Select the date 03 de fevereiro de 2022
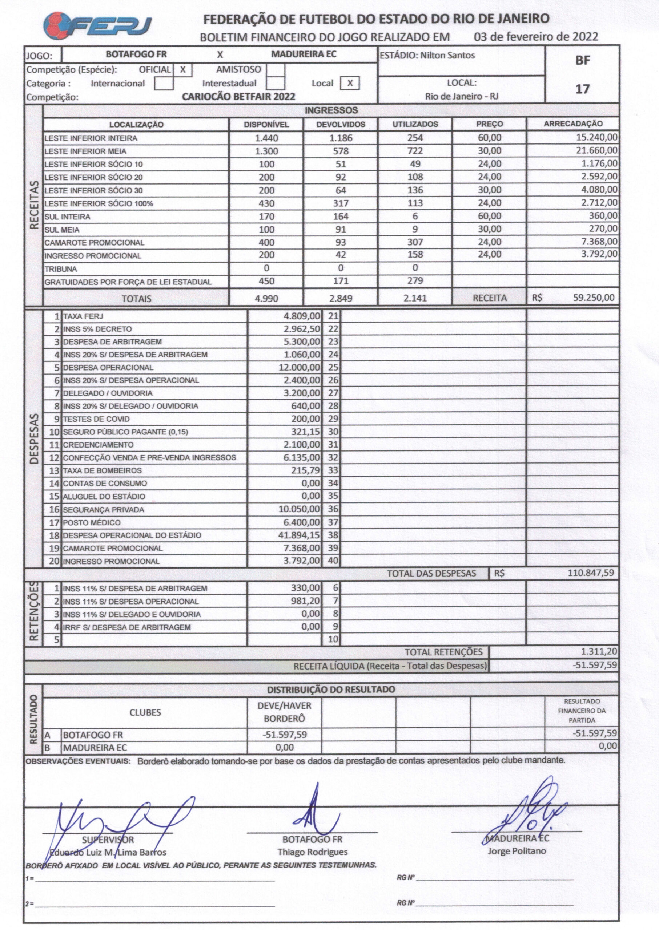point(536,37)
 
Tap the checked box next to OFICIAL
point(182,70)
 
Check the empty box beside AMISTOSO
point(276,70)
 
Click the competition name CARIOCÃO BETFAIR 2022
point(238,97)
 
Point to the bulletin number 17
point(582,89)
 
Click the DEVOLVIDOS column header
point(341,124)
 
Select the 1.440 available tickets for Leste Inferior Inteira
point(266,138)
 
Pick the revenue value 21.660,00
point(597,151)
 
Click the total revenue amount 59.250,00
point(594,298)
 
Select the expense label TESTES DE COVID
point(97,419)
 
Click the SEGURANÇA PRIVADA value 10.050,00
point(300,509)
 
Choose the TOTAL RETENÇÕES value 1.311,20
point(599,652)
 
